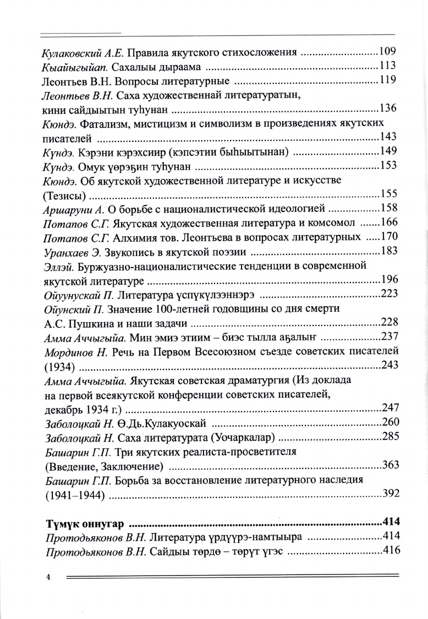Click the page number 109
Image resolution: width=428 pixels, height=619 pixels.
(388, 53)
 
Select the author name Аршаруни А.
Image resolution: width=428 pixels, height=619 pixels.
(73, 208)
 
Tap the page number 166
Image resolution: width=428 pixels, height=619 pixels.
(388, 222)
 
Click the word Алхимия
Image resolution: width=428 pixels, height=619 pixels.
(134, 237)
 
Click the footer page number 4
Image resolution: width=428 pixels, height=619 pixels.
(48, 577)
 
